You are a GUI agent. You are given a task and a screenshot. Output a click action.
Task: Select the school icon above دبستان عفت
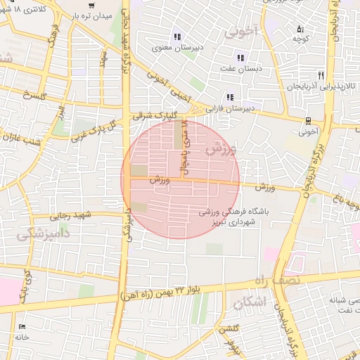coord(240,58)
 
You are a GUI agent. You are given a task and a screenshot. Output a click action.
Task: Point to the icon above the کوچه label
coord(300,30)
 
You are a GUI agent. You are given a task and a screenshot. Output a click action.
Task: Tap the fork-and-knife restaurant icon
coord(321,75)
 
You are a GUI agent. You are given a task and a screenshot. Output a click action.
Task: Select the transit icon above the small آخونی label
coord(308,120)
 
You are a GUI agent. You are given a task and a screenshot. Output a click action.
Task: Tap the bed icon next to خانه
coord(22,327)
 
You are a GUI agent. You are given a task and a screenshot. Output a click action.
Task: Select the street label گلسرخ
coord(34,95)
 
